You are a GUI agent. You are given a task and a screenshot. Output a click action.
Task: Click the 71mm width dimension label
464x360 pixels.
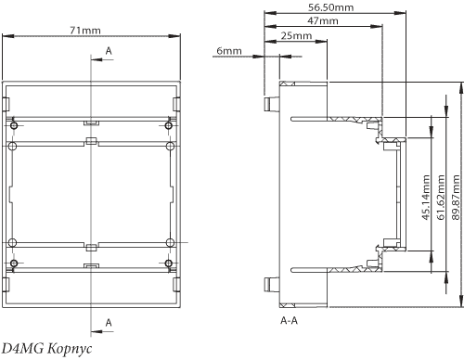point(85,31)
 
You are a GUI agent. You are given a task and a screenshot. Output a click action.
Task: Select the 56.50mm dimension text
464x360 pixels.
point(330,7)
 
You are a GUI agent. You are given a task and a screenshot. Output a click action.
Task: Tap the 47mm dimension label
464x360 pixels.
point(323,20)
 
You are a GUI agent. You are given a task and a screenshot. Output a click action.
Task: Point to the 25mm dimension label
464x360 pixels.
point(296,35)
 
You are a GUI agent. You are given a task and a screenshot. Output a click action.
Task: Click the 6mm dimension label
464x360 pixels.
point(229,51)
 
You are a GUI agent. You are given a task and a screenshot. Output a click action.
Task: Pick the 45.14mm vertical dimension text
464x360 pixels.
point(426,198)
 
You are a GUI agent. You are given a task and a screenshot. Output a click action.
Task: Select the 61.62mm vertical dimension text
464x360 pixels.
point(441,198)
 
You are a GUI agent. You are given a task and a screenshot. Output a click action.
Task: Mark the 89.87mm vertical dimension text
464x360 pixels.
point(456,198)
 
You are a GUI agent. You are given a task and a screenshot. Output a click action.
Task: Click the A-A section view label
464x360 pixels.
point(289,321)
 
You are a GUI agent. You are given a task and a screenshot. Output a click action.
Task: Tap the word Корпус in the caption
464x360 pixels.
point(70,349)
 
